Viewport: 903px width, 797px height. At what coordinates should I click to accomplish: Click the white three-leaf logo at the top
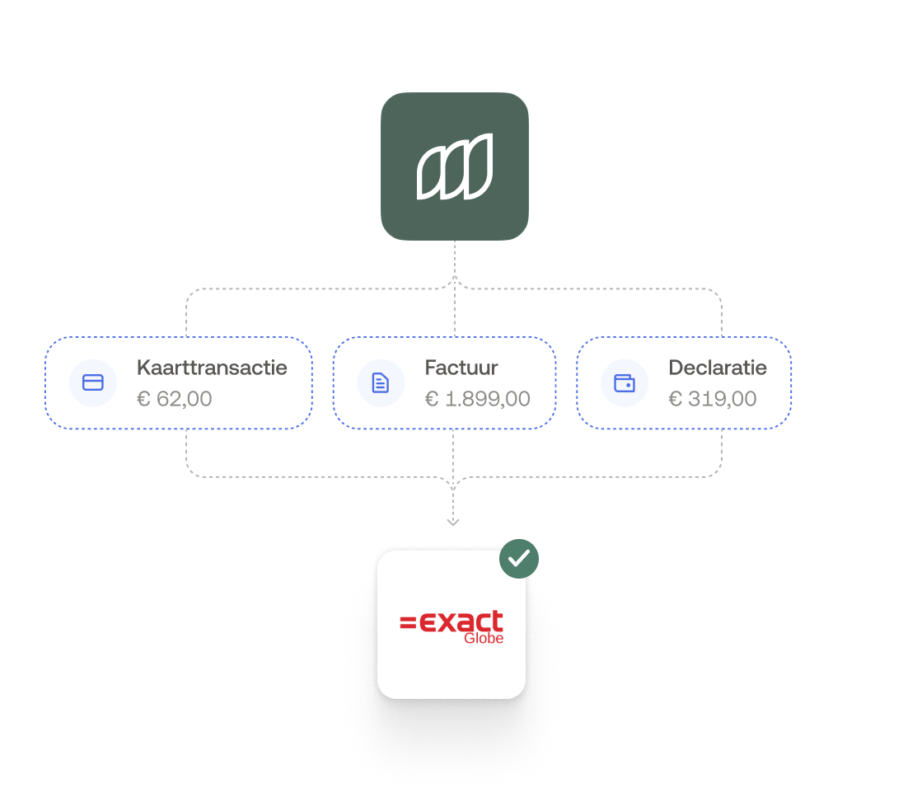[x=455, y=166]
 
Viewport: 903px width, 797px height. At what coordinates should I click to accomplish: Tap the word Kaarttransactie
[x=212, y=368]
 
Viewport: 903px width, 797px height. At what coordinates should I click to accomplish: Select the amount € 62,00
[x=175, y=399]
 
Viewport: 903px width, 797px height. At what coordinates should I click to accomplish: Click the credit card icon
[x=93, y=382]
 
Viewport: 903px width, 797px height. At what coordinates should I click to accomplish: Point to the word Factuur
[x=461, y=368]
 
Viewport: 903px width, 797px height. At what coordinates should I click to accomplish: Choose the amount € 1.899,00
[x=478, y=399]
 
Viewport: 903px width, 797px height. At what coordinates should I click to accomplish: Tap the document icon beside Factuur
[x=381, y=382]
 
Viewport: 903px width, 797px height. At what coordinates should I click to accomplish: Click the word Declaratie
[x=718, y=368]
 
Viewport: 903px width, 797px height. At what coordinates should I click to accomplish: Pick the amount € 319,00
[x=713, y=399]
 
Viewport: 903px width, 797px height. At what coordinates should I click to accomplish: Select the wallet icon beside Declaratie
[x=625, y=382]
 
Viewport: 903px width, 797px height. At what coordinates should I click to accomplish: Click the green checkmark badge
[x=518, y=559]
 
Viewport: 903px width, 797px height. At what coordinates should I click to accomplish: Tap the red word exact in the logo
[x=461, y=622]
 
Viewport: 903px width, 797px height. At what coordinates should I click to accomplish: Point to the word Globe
[x=484, y=638]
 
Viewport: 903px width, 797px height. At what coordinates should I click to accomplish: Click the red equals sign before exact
[x=408, y=623]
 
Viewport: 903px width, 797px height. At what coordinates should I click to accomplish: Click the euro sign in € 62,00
[x=143, y=399]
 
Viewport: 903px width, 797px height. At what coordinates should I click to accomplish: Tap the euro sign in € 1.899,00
[x=431, y=399]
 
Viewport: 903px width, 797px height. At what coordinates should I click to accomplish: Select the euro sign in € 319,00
[x=675, y=399]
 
